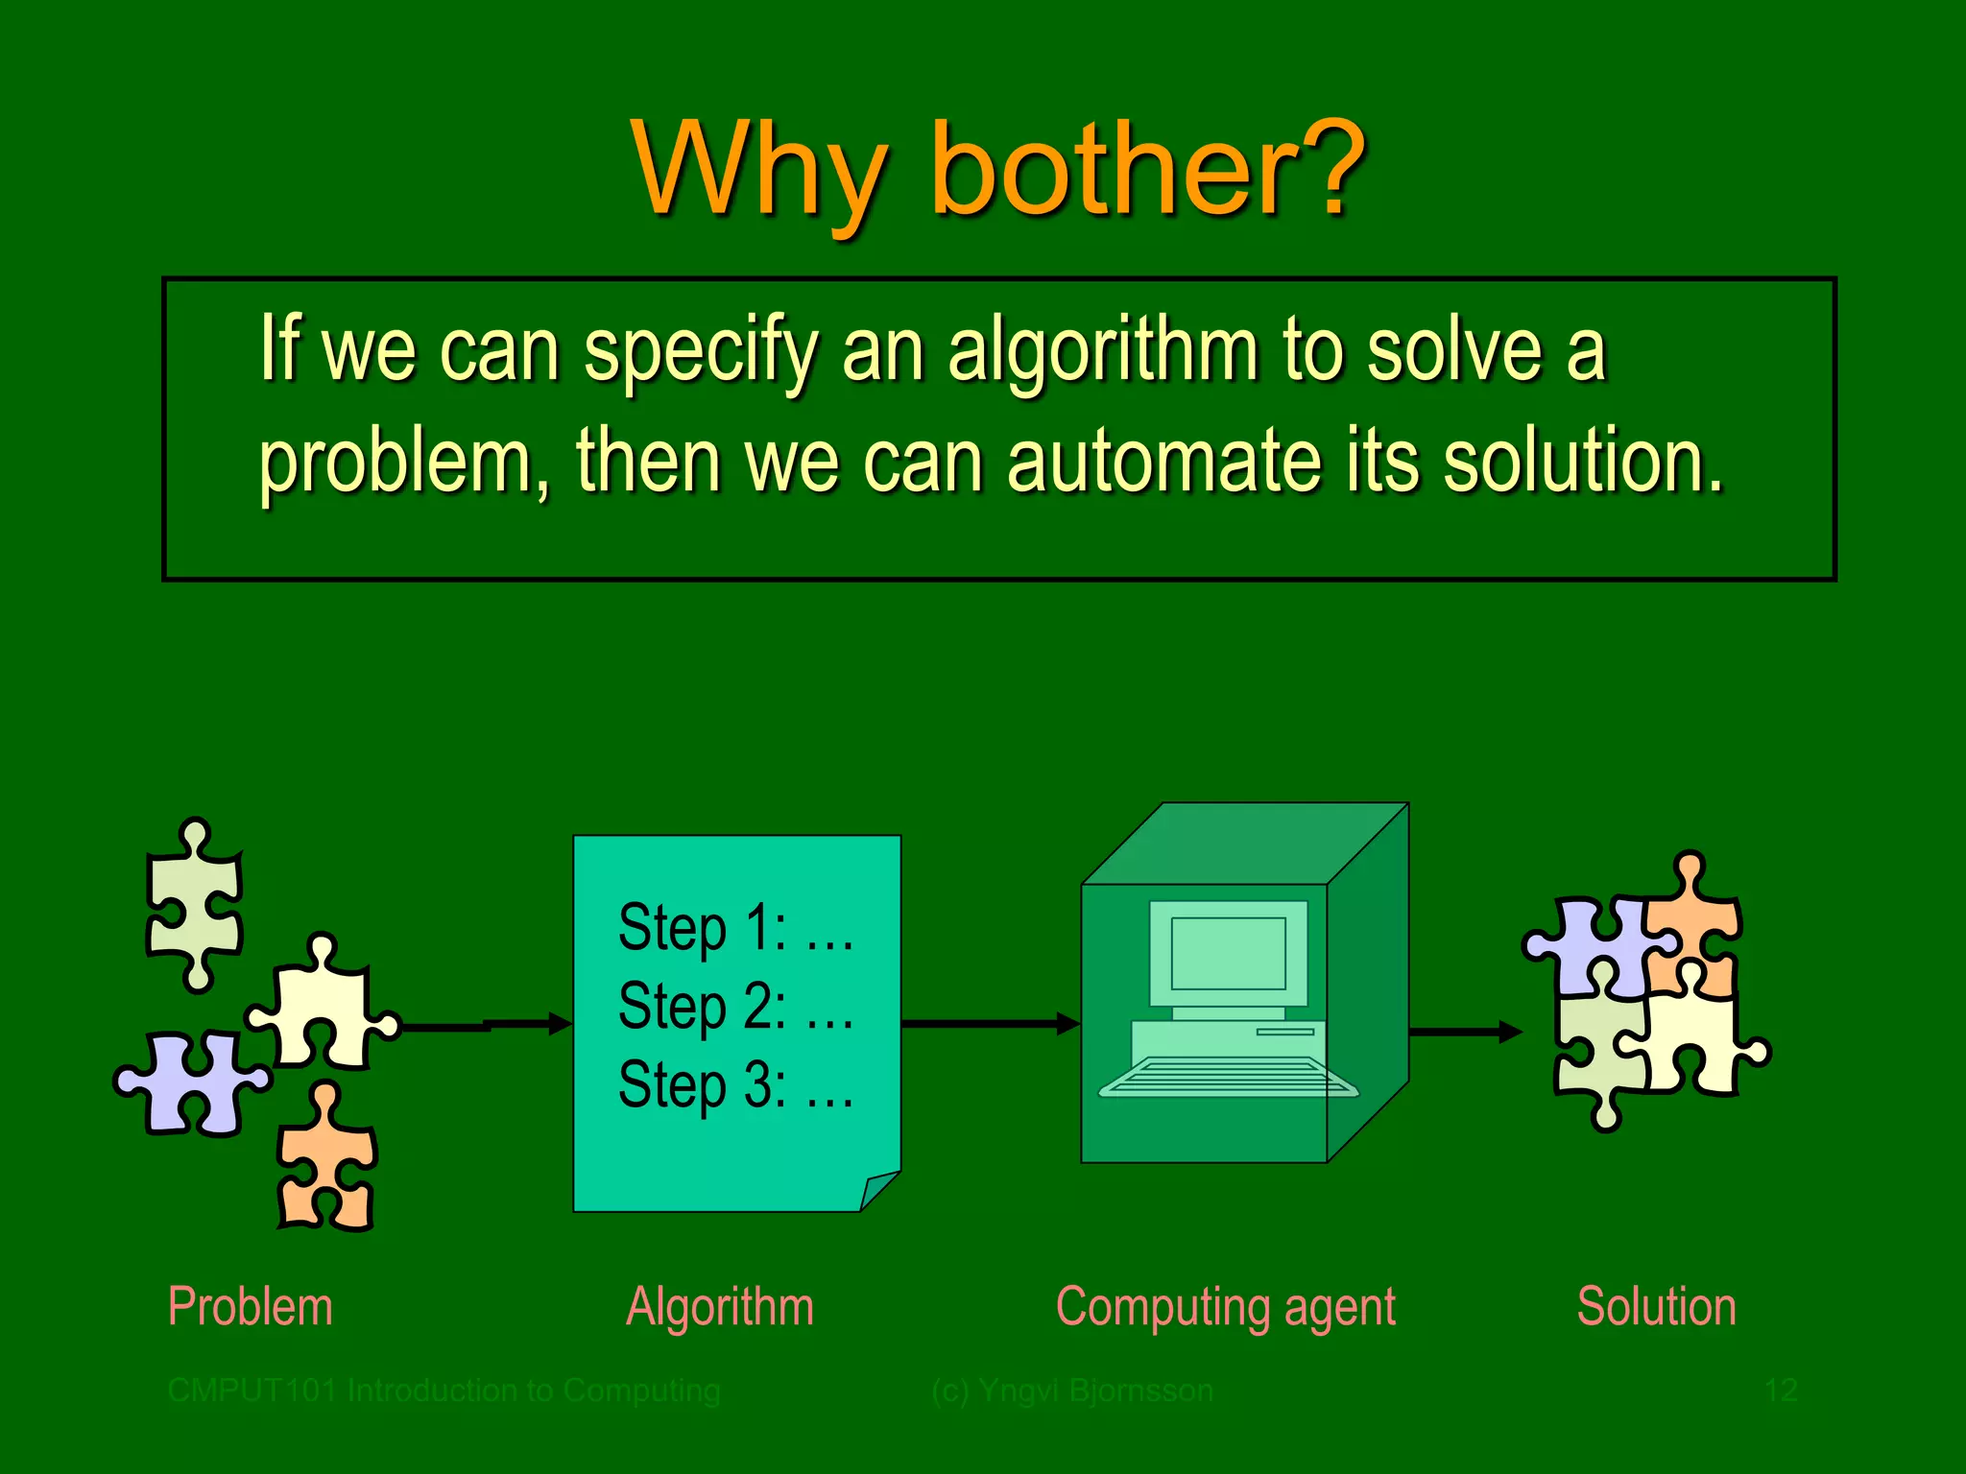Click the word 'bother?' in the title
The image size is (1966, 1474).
[1147, 171]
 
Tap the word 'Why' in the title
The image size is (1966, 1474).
[758, 171]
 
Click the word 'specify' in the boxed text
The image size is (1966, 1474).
[701, 350]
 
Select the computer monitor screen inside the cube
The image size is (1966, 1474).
[1228, 953]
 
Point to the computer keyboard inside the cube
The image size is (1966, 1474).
[1228, 1077]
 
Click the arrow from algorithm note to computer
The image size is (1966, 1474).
[989, 1023]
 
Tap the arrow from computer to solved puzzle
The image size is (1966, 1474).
[1464, 1033]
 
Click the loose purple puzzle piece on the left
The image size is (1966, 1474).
[192, 1084]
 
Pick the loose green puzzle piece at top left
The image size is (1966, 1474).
[195, 902]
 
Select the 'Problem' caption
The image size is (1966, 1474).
[250, 1307]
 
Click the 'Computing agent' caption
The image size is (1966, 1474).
[1225, 1307]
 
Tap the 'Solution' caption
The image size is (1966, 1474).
[1656, 1307]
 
